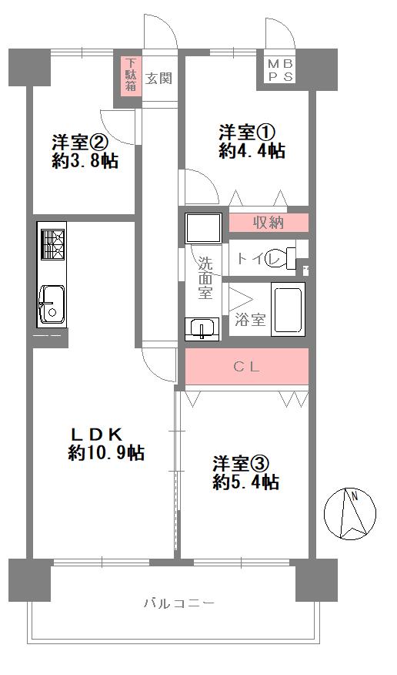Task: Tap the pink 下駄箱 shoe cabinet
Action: coord(132,75)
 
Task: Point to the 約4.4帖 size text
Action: coord(252,152)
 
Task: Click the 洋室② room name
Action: coord(79,143)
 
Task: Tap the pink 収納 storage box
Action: coord(269,223)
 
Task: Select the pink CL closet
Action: coord(247,367)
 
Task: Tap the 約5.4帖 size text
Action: coord(246,482)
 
